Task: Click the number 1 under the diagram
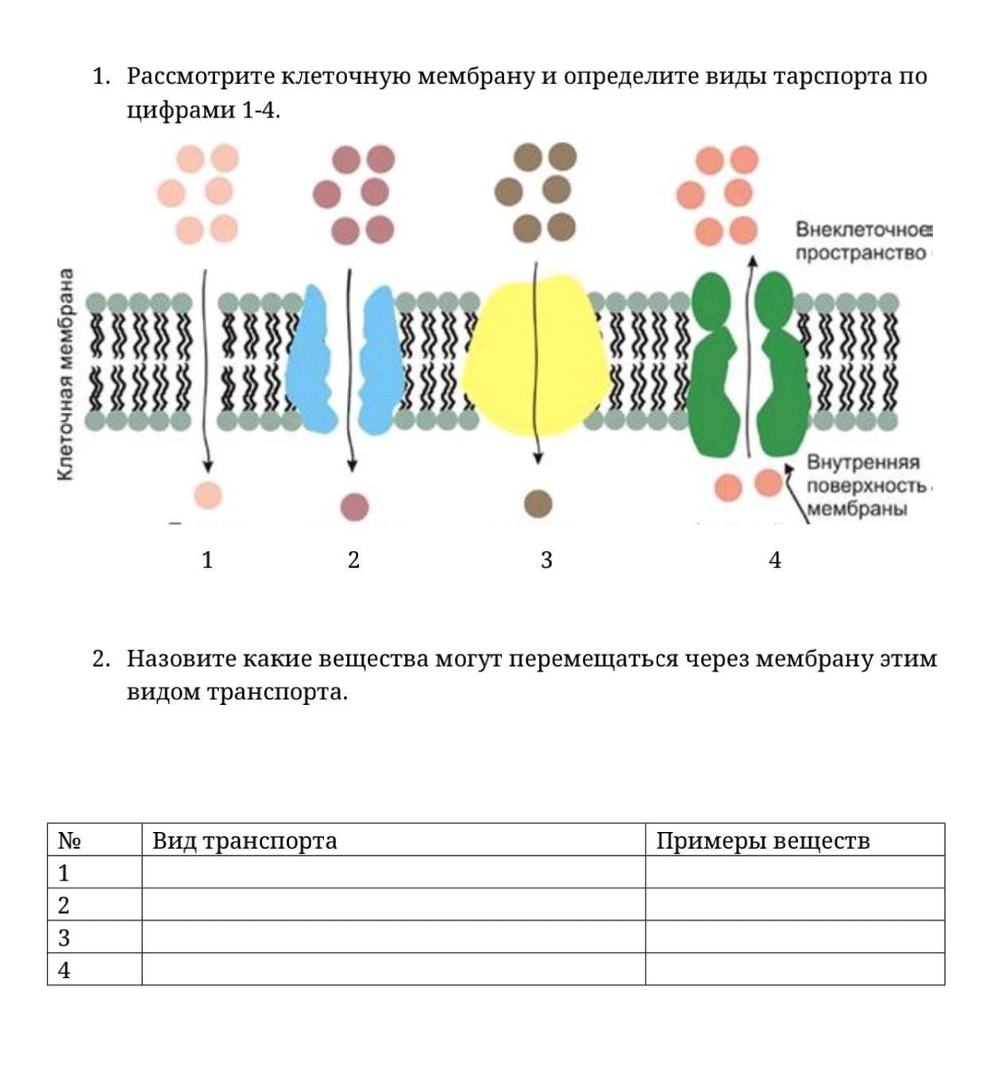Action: (207, 560)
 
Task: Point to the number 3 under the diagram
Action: (546, 560)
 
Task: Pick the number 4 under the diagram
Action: (775, 560)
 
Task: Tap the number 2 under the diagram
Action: (353, 560)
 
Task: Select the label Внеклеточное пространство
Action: (862, 241)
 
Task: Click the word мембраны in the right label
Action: (857, 509)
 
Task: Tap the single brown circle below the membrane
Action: (538, 503)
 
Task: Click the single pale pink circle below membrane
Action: (207, 495)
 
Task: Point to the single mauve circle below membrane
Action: (354, 507)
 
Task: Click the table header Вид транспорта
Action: (245, 840)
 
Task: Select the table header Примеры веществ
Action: (762, 840)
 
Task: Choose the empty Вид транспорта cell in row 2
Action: (393, 904)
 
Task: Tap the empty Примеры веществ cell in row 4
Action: (794, 969)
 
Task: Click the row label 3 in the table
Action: (64, 938)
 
